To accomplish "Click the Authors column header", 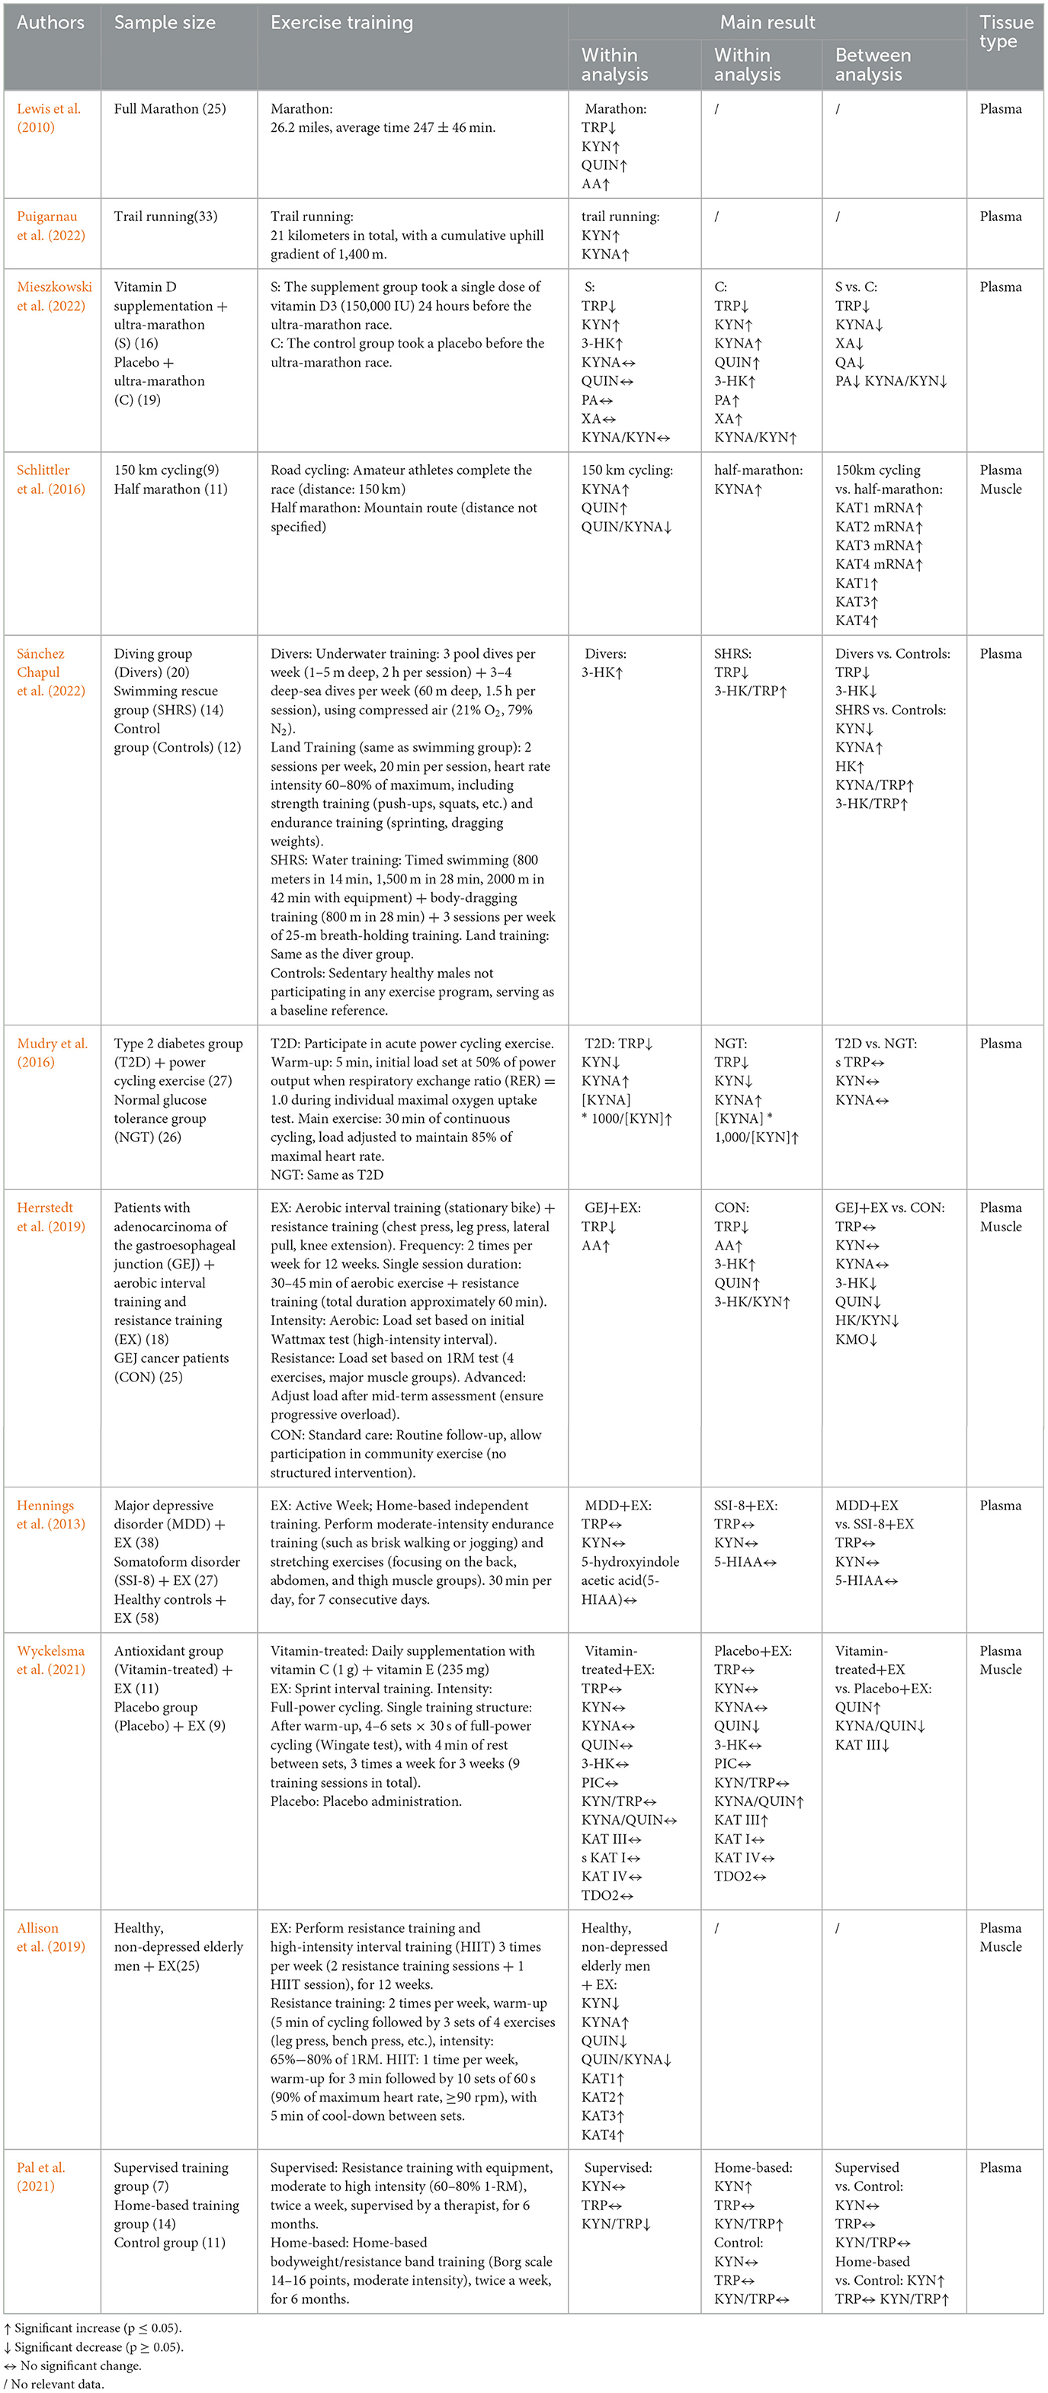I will [x=50, y=22].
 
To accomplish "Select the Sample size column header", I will [x=165, y=22].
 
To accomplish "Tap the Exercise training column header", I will [x=341, y=22].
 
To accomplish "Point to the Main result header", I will [x=768, y=22].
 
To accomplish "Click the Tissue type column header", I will [x=1005, y=31].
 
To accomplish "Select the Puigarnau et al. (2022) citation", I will [x=50, y=226].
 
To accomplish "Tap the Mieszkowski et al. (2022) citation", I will [x=54, y=297].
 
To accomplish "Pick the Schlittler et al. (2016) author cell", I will [x=50, y=480].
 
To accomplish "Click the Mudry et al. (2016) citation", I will [x=52, y=1053].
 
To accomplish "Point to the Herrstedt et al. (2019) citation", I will [x=50, y=1217].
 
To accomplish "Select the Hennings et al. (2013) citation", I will [x=50, y=1514].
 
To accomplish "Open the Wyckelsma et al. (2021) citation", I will [x=50, y=1660].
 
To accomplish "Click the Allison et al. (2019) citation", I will [x=50, y=1938].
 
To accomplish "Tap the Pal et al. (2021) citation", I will [x=41, y=2176].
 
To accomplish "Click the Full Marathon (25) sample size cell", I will [x=170, y=109].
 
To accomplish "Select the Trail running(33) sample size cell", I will [x=165, y=217].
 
